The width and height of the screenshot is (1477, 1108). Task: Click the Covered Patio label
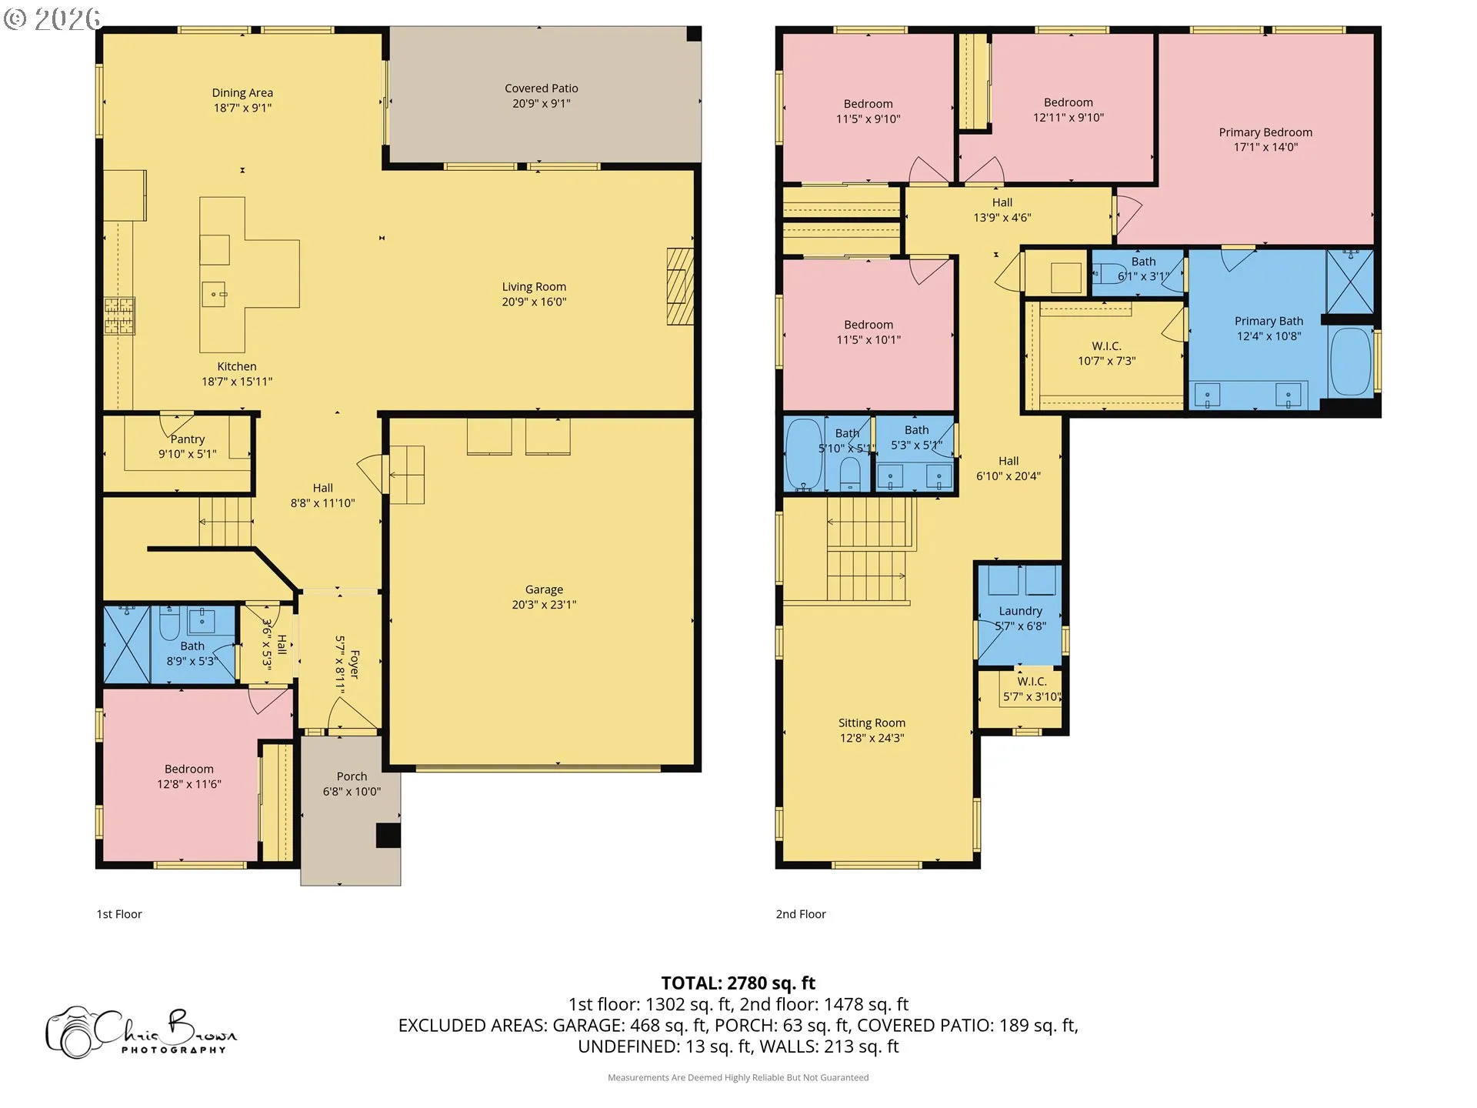tap(541, 88)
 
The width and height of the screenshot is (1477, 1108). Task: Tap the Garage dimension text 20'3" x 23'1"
tap(544, 605)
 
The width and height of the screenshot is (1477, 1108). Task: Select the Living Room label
tap(534, 287)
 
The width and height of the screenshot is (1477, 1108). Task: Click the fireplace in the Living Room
tap(680, 286)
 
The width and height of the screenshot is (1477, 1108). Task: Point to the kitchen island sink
tap(214, 295)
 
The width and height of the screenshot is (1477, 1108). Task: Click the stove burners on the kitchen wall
tap(119, 316)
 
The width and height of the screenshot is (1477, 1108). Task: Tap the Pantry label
tap(188, 439)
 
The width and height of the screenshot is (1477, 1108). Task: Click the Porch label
tap(352, 776)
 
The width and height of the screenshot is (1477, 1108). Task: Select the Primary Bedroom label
tap(1265, 132)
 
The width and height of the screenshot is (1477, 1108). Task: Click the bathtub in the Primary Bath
tap(1351, 362)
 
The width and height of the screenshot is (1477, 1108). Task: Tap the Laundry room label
tap(1020, 611)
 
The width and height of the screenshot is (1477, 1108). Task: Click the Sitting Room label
tap(872, 723)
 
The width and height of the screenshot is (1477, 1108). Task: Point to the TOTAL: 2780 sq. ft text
tap(738, 983)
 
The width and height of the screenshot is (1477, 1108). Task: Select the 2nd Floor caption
tap(801, 914)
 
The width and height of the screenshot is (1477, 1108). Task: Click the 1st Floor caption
tap(119, 914)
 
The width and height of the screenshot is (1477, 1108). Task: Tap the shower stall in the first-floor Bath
tap(127, 645)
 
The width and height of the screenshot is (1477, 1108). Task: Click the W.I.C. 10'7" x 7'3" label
tap(1106, 353)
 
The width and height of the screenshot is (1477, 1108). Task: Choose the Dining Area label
tap(242, 93)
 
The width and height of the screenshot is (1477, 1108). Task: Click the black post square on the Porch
tap(388, 836)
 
